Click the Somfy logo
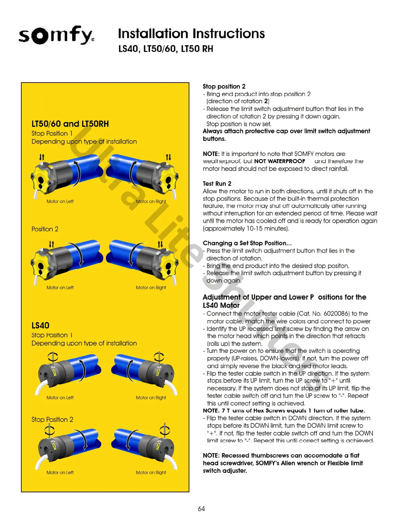[56, 35]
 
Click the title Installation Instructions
[191, 34]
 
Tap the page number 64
[201, 509]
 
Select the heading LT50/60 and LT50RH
[70, 124]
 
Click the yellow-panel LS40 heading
[40, 325]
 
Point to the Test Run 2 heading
[217, 183]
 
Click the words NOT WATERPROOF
[279, 161]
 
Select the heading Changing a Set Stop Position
[247, 243]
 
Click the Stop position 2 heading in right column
[224, 86]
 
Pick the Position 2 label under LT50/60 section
[45, 229]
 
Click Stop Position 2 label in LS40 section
[52, 419]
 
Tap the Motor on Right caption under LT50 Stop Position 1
[151, 202]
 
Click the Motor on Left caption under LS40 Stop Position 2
[60, 472]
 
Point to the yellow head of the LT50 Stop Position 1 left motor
[41, 177]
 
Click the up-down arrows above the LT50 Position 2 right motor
[160, 244]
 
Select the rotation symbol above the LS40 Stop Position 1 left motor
[53, 356]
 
